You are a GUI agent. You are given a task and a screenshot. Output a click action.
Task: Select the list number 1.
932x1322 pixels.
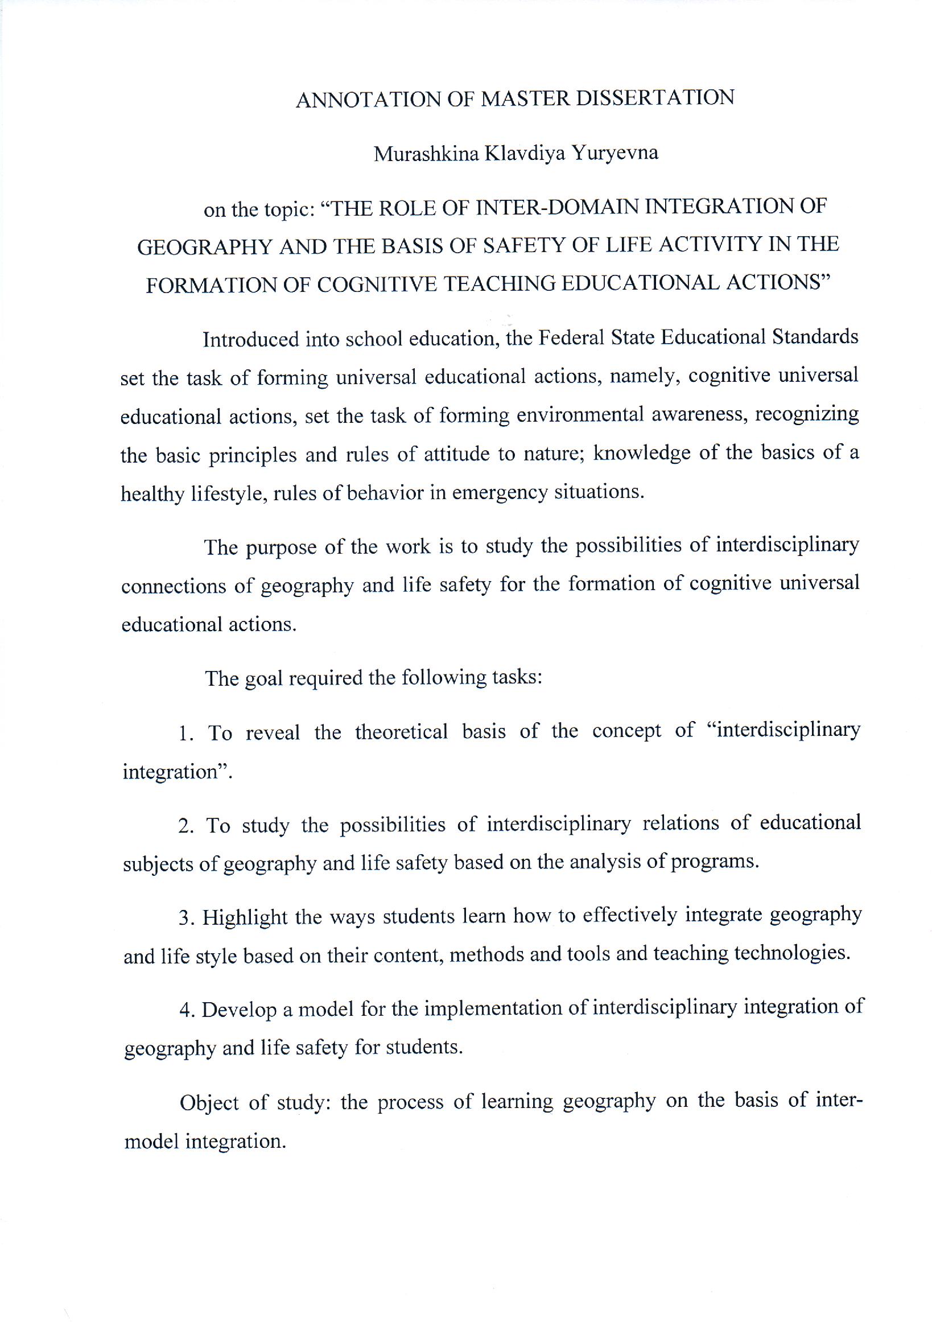184,734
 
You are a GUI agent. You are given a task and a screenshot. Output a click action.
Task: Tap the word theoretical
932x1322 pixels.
401,732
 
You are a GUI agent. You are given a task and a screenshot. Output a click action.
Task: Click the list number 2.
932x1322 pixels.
184,826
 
